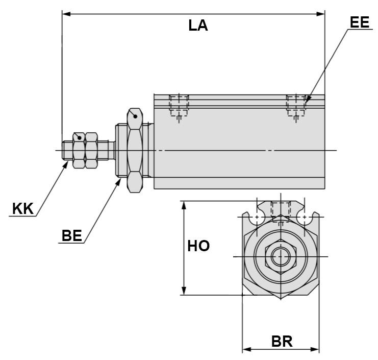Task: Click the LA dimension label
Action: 198,26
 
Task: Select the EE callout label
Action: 359,22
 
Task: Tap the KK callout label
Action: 22,209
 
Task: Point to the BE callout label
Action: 71,235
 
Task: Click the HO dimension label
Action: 198,246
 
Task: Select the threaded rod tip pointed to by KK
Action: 67,151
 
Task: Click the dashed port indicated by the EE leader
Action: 296,106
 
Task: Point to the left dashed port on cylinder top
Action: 179,106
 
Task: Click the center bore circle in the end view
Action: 280,256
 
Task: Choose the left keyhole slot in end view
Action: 256,217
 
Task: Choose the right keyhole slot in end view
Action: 304,217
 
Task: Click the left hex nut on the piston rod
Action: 79,151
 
